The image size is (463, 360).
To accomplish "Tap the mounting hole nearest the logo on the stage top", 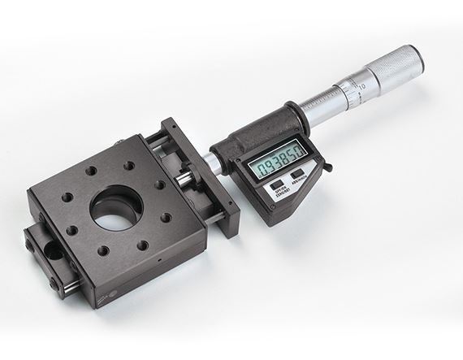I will click(x=142, y=245).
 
